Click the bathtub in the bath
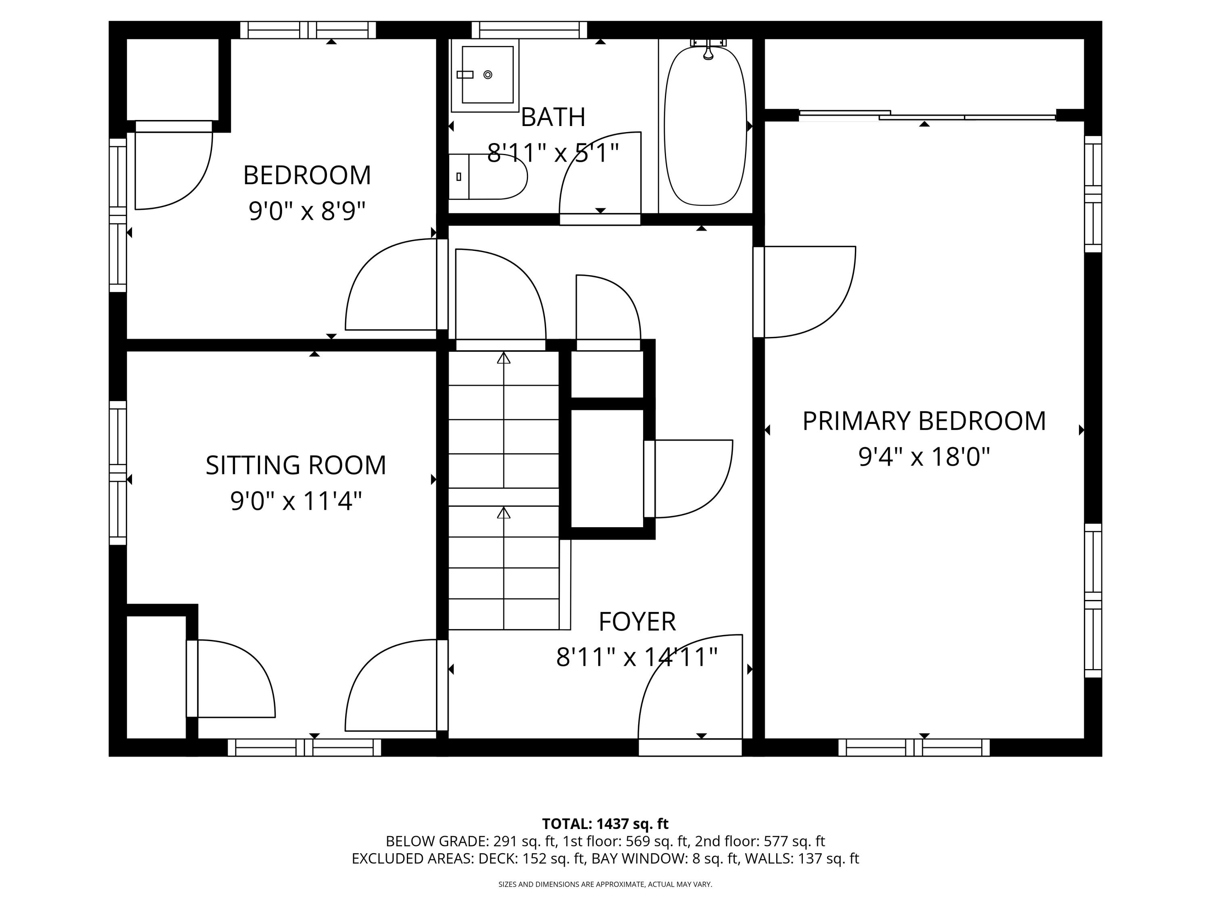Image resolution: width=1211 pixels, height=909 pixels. coord(705,126)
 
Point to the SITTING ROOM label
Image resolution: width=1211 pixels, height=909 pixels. coord(295,465)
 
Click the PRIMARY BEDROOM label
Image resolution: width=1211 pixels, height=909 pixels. coord(924,421)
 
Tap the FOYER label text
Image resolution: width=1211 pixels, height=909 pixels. coord(637,622)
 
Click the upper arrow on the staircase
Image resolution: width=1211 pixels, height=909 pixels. coord(504,359)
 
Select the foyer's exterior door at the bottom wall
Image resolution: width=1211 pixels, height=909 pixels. coord(690,747)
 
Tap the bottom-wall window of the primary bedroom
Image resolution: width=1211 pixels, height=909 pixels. coord(914,747)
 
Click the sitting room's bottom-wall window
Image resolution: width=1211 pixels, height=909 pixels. coord(304,747)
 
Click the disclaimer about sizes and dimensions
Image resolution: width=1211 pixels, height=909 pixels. coord(605,884)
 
